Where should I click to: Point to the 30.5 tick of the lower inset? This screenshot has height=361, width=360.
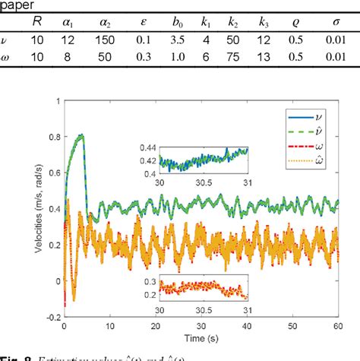[200, 311]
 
